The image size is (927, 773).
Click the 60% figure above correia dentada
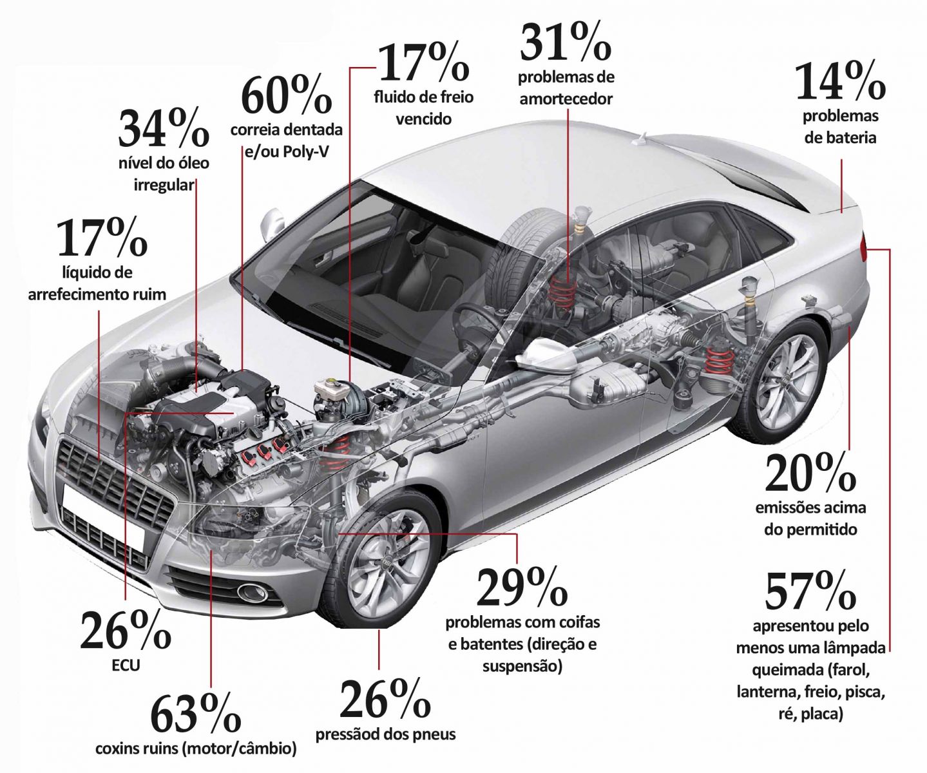click(x=287, y=95)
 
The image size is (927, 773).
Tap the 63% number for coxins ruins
click(x=195, y=714)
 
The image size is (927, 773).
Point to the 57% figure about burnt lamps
click(x=810, y=591)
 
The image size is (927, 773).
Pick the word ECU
click(x=126, y=665)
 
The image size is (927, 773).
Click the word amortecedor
click(x=566, y=99)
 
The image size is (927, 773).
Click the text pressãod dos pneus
click(x=385, y=734)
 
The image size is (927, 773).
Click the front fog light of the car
click(x=252, y=592)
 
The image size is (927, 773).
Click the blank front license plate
click(x=104, y=516)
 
